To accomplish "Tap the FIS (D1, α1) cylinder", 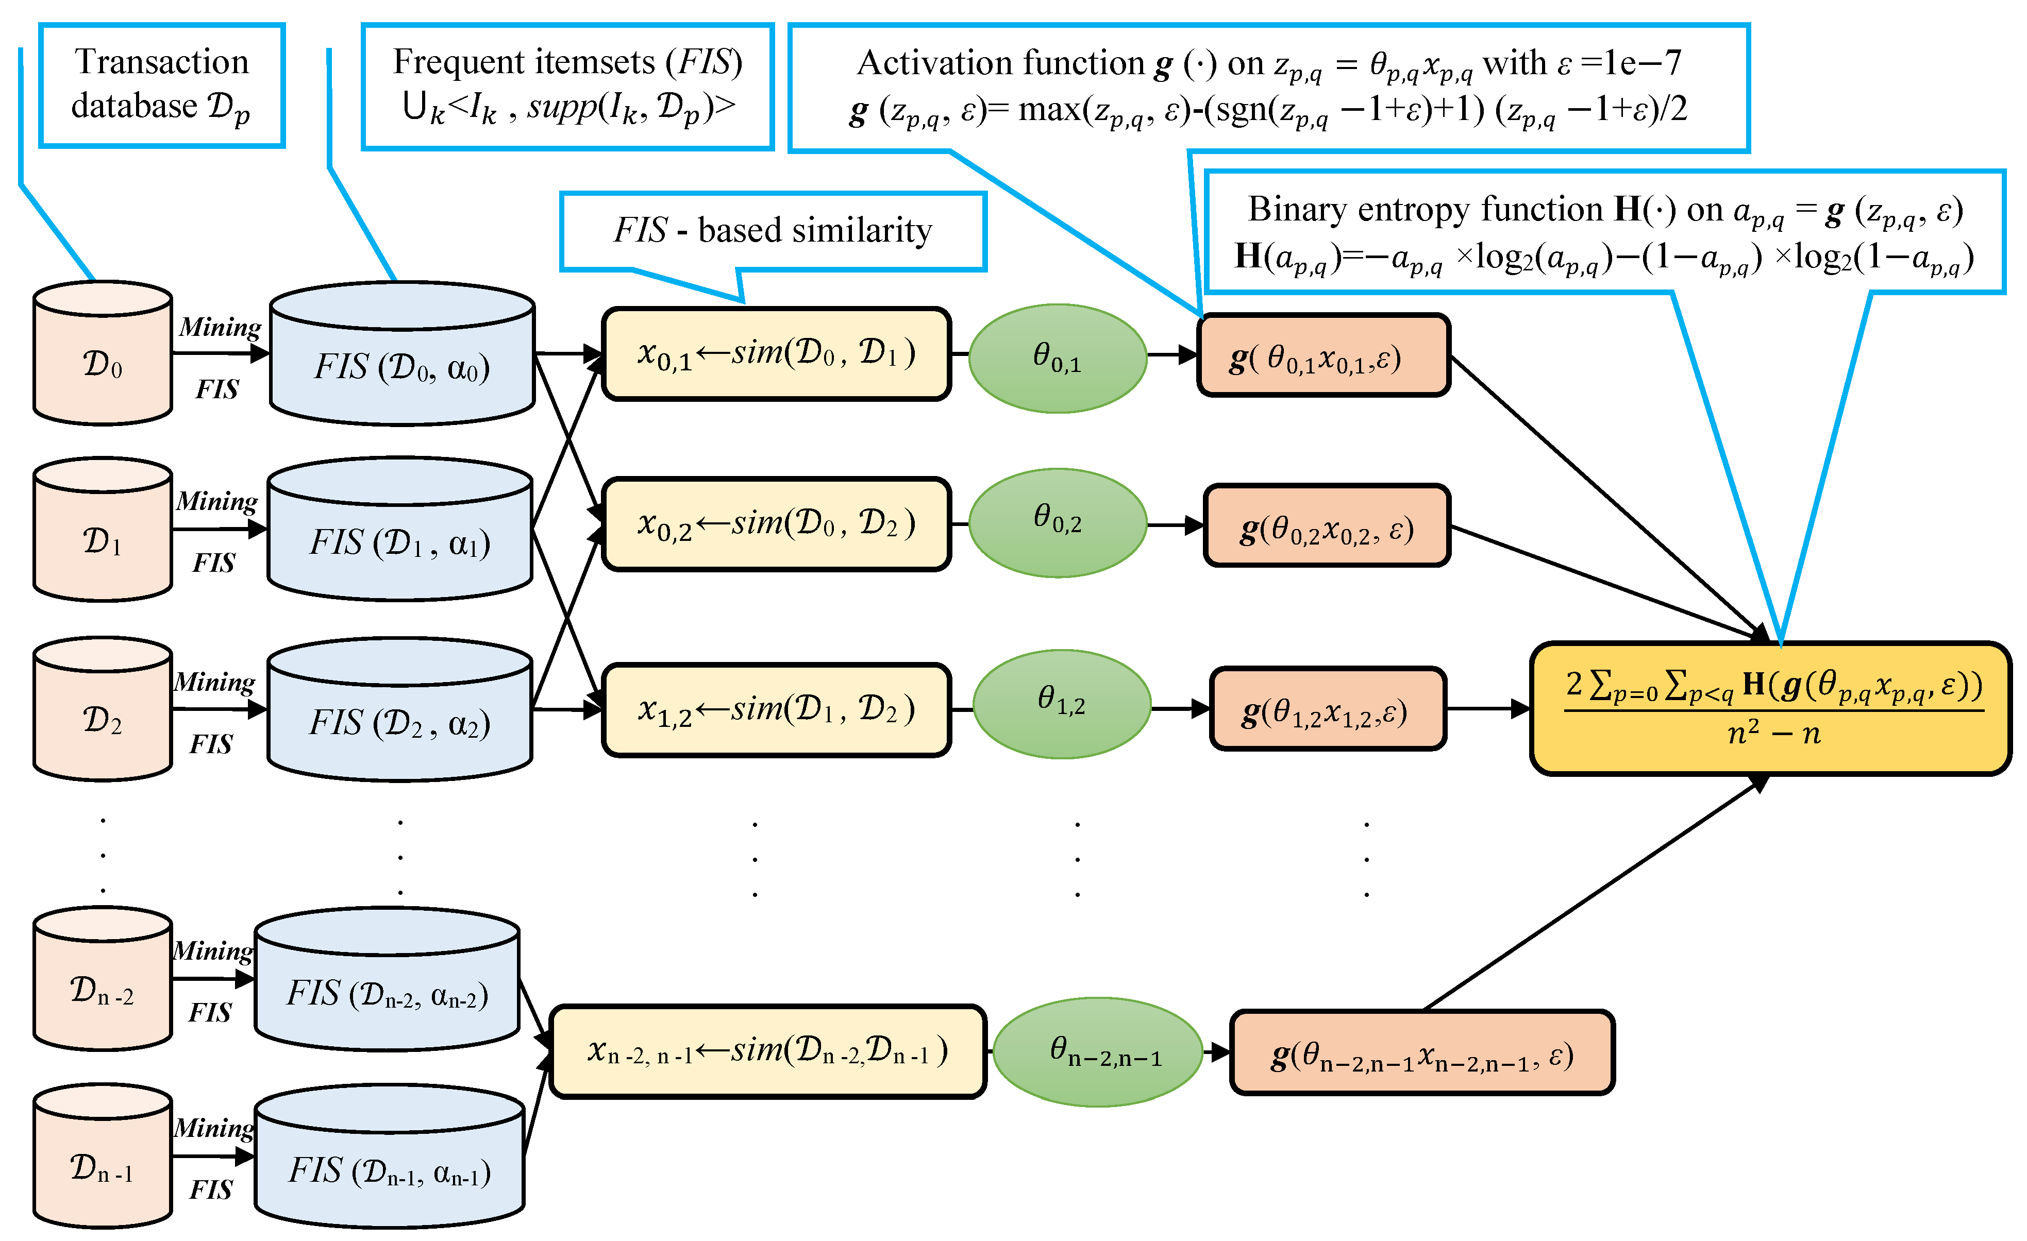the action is coord(400,529).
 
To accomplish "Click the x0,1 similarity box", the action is coord(777,353).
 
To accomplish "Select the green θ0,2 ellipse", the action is coord(1058,522).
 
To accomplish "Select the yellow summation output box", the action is coord(1770,708).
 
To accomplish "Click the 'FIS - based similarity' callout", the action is coord(773,232).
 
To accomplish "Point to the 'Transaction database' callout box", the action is coord(162,86).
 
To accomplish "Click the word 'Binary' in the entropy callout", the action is coord(1299,210).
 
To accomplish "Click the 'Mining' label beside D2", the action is coord(214,682).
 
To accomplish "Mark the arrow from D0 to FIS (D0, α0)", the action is coord(221,353).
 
